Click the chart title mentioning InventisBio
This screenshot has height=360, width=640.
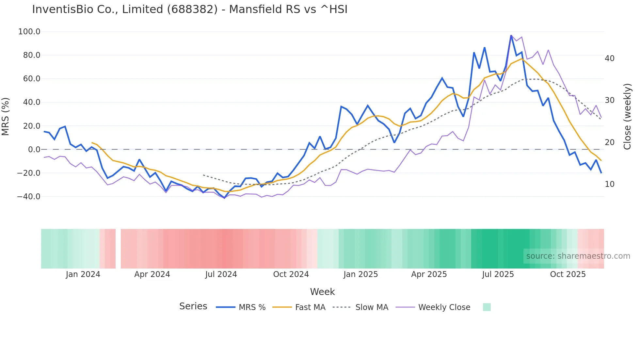click(190, 9)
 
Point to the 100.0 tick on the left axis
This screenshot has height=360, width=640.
click(29, 32)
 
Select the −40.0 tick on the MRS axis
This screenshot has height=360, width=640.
click(29, 197)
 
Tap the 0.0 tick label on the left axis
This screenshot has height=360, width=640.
click(34, 150)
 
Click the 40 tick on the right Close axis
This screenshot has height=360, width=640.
click(610, 58)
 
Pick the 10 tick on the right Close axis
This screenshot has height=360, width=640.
click(610, 184)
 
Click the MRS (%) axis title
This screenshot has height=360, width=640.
click(6, 117)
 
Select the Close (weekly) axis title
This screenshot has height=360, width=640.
click(627, 117)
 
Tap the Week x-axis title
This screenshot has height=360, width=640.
click(322, 292)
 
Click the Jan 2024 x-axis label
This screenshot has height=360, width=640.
click(83, 274)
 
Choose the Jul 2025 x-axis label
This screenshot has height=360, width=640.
click(498, 274)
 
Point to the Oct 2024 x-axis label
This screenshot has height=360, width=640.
click(291, 274)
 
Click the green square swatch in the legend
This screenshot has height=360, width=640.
click(487, 307)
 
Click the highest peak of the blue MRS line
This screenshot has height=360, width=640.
click(511, 35)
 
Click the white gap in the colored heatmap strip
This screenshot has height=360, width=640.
click(118, 249)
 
